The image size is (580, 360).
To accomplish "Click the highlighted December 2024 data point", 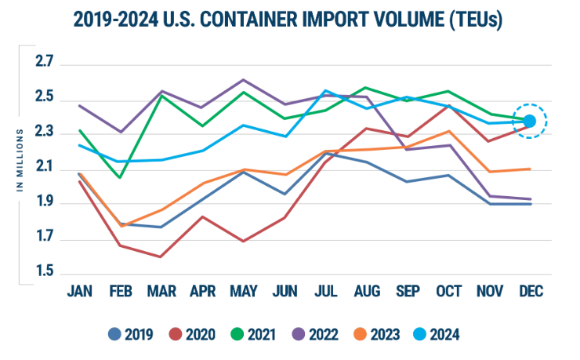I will coord(530,121).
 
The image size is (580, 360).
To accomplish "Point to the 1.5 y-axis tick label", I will coord(44,272).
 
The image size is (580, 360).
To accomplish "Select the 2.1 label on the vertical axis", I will coord(44,167).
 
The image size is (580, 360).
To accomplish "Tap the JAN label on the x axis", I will coord(80,290).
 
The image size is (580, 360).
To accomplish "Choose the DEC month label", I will coord(530,290).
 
